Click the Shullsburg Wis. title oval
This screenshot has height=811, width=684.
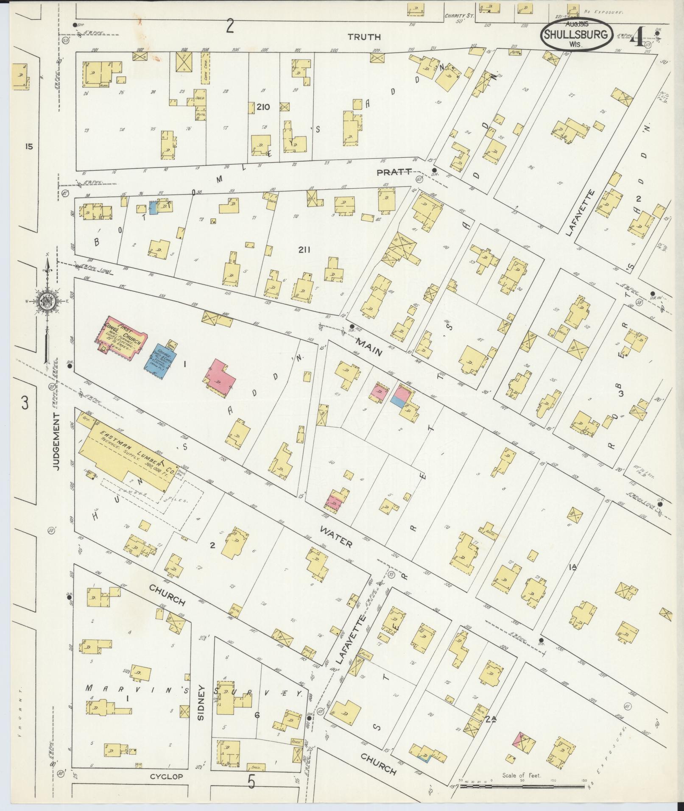576,35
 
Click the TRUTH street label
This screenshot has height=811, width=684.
364,37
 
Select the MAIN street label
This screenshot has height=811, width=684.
369,346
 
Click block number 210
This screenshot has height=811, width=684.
263,106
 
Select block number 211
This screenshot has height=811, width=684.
304,250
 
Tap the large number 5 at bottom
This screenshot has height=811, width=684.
251,794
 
